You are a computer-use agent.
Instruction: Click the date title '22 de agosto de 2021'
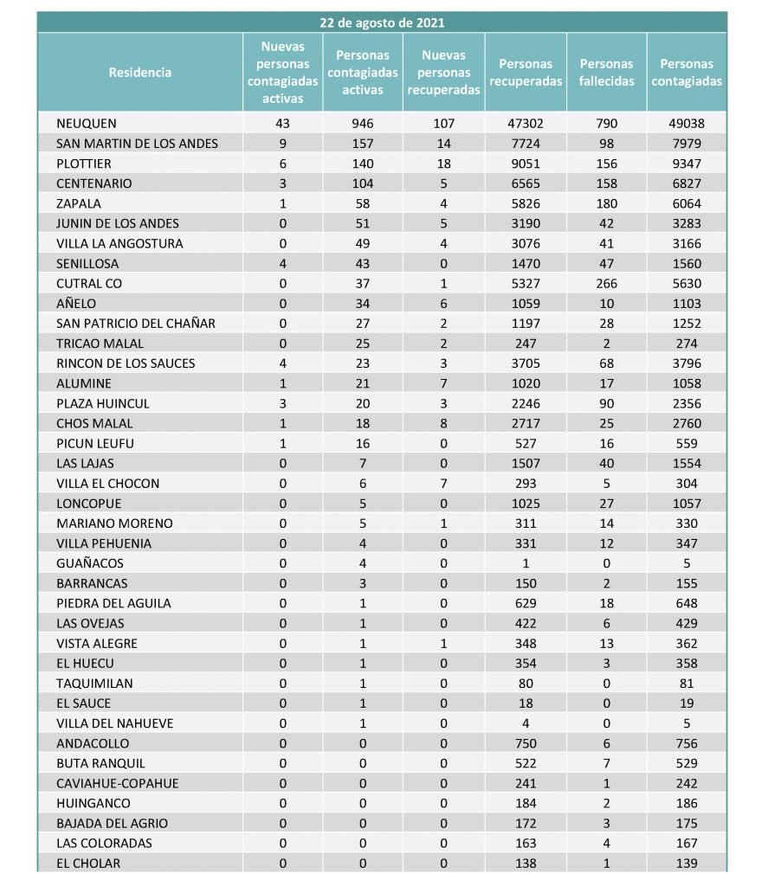click(382, 22)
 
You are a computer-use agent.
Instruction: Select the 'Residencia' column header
click(140, 73)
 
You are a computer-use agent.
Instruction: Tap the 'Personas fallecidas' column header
click(606, 73)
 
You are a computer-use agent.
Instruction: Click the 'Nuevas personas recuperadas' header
click(444, 73)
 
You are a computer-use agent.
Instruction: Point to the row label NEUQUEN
click(86, 124)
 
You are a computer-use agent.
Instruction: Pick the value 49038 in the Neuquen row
click(687, 124)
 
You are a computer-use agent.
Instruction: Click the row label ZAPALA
click(79, 204)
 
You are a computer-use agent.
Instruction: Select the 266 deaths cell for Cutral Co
click(606, 284)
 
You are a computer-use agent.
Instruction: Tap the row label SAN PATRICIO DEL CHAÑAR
click(136, 324)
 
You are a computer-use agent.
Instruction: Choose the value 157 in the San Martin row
click(363, 144)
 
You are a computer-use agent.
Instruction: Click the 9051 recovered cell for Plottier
click(526, 164)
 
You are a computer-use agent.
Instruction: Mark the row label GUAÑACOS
click(90, 563)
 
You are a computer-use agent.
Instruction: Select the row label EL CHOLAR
click(88, 864)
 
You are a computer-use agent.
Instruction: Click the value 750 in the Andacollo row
click(526, 743)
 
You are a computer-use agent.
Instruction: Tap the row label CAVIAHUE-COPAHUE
click(118, 784)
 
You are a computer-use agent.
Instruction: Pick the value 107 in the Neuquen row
click(444, 124)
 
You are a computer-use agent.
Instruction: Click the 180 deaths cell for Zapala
click(606, 204)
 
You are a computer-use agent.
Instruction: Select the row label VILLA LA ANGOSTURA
click(119, 244)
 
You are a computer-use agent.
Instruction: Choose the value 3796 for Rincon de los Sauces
click(687, 363)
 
